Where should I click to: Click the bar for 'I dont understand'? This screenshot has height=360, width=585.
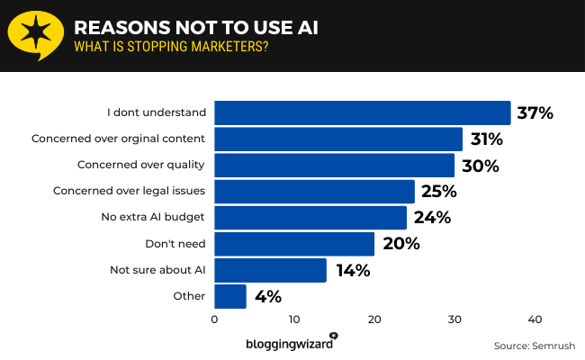point(362,112)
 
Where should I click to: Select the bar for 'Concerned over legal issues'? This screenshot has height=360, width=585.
point(314,191)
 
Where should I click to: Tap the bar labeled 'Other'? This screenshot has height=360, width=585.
point(230,296)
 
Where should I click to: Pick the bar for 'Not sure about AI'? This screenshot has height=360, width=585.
point(270,270)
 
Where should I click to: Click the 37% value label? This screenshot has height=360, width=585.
point(534,113)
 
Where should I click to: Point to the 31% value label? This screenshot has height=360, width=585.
point(485,139)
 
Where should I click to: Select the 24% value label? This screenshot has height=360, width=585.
point(432,218)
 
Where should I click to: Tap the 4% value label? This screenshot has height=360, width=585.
point(267,296)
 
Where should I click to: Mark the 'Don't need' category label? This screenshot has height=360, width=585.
point(175,243)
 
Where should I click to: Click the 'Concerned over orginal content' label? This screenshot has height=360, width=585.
point(119,139)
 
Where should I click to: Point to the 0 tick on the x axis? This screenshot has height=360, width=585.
point(214,319)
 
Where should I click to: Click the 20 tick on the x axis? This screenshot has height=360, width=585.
point(374,319)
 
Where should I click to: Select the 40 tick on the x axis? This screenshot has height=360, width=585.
point(535,319)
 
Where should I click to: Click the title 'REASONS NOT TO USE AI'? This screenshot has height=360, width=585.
point(195,26)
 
